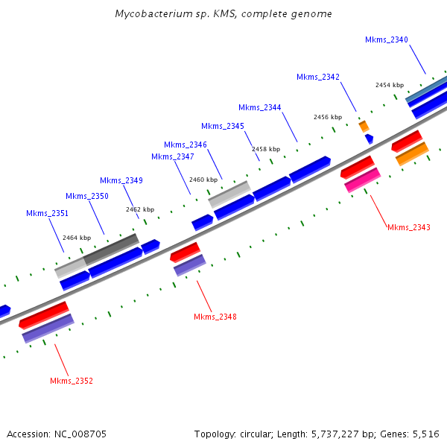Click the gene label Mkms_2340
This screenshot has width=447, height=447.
click(387, 39)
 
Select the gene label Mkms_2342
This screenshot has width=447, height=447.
click(318, 77)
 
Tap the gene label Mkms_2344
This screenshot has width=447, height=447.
click(260, 107)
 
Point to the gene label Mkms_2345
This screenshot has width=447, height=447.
click(223, 126)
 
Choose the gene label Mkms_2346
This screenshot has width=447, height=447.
click(186, 145)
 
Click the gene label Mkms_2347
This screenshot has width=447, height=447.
click(173, 156)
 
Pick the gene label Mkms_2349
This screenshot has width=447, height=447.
click(121, 180)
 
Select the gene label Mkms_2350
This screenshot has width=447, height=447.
click(87, 196)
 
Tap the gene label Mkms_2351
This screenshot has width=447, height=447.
click(48, 213)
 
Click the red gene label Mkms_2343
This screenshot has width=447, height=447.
click(409, 227)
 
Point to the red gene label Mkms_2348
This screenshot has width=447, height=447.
click(215, 317)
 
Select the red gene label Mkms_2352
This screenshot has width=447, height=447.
click(72, 381)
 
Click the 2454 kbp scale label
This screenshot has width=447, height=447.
click(390, 85)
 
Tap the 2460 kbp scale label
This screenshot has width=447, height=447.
click(203, 180)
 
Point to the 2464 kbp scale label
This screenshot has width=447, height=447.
click(77, 238)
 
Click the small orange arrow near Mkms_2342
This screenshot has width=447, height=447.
click(364, 126)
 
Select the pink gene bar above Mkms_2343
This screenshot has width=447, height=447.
click(363, 180)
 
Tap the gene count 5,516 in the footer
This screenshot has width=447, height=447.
click(425, 434)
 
